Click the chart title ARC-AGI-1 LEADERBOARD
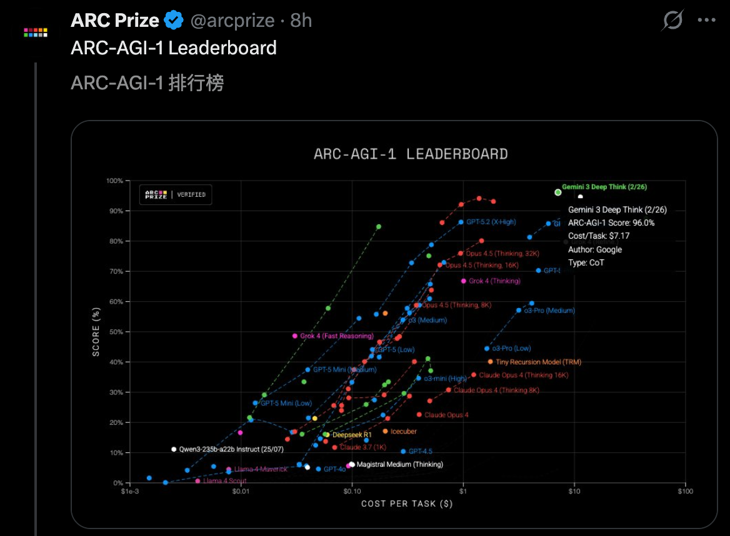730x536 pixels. pos(411,154)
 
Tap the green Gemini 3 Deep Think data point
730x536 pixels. pos(558,192)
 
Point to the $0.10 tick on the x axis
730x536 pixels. pos(351,492)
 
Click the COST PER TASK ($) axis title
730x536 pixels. pos(407,504)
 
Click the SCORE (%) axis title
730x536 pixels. pos(96,332)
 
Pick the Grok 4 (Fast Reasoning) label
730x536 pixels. pos(336,336)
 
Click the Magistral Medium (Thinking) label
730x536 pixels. pos(399,464)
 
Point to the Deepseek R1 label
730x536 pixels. pos(352,434)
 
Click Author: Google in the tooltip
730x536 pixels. pos(595,249)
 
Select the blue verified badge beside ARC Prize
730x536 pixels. pos(173,21)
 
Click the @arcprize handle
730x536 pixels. pos(232,21)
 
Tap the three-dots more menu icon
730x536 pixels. pos(706,21)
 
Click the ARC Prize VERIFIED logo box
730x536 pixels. pos(175,194)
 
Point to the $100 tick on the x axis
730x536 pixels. pos(685,492)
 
